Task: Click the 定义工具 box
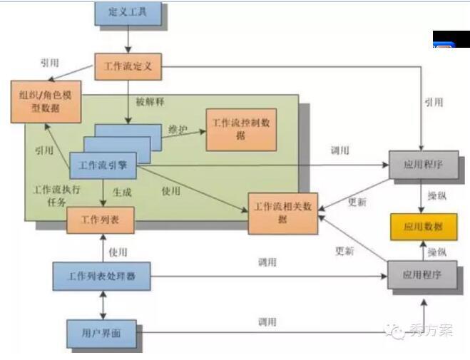pos(128,13)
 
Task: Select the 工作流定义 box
pos(128,66)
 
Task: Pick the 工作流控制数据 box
pos(241,129)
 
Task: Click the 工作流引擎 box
pos(103,165)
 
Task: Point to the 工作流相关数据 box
pos(282,213)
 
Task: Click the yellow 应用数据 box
pos(423,227)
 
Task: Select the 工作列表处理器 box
pos(102,276)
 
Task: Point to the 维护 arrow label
pos(178,129)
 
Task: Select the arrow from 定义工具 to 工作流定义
pos(128,38)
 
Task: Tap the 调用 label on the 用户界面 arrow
pos(267,322)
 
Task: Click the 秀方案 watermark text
pos(431,330)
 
